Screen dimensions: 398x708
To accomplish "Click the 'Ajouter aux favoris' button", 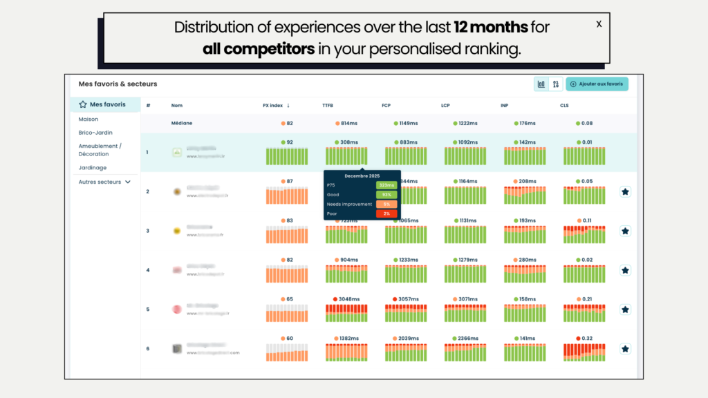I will (597, 84).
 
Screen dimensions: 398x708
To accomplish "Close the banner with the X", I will (599, 24).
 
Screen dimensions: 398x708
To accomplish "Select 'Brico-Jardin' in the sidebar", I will (95, 132).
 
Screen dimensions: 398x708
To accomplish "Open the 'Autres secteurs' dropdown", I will (104, 182).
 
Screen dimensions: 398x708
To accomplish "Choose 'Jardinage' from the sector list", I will (93, 168).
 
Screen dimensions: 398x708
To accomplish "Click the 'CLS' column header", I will (564, 106).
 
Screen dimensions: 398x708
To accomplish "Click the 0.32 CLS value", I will (587, 339).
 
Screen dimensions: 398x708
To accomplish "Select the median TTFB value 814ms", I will (348, 123).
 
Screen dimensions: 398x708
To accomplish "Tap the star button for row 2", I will (625, 192).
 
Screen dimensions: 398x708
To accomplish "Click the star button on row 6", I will (625, 349).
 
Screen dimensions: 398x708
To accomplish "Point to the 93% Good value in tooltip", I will (386, 195).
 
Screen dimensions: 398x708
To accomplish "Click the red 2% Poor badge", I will (386, 214).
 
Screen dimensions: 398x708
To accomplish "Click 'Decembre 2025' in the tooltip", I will (362, 176).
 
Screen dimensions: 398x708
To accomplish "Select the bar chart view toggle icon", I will (541, 84).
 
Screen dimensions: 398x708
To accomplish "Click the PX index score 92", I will (289, 142).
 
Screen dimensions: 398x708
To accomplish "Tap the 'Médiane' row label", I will (181, 123).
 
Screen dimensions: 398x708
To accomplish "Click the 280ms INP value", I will (528, 260).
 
